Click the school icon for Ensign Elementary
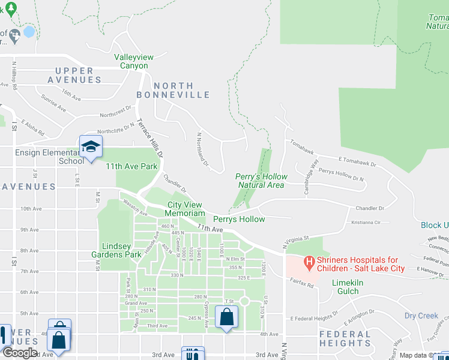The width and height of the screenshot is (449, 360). [x=91, y=146]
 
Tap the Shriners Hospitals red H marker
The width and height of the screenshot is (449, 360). [x=309, y=262]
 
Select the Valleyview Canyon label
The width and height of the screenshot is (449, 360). [x=134, y=61]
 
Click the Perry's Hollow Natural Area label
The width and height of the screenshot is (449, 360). [x=261, y=181]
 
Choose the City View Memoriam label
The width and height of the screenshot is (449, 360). [x=186, y=209]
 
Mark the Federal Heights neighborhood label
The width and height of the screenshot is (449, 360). [x=345, y=338]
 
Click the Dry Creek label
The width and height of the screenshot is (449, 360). [x=421, y=316]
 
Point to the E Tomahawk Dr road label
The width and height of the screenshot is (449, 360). [x=357, y=162]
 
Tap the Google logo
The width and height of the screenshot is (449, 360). [x=20, y=352]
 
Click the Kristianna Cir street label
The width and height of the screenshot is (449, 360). [x=367, y=222]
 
